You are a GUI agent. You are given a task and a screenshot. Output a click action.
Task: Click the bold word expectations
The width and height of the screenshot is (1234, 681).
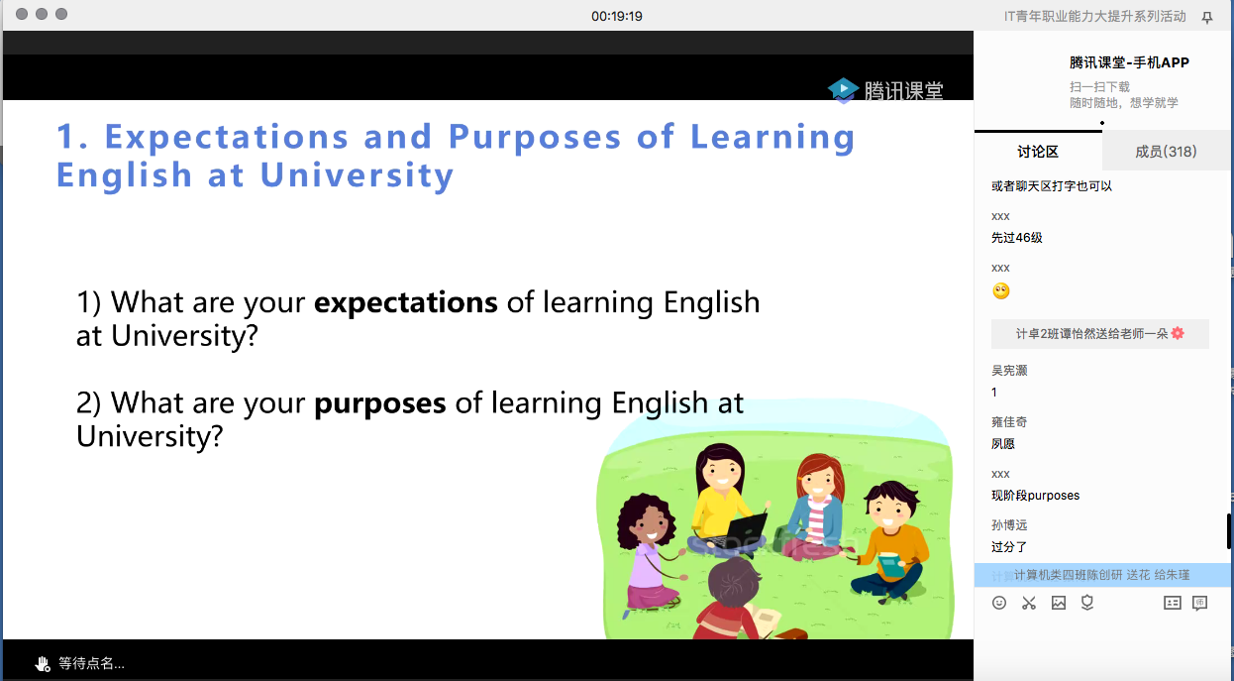[405, 302]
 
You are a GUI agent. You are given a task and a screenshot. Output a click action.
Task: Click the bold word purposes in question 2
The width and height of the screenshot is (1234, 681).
[379, 404]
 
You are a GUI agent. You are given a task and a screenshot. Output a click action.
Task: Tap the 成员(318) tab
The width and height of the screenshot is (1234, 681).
[1166, 152]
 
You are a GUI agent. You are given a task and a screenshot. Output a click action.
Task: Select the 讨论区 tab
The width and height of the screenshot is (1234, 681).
[1038, 152]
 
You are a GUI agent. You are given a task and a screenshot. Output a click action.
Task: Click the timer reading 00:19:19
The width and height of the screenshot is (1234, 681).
[616, 16]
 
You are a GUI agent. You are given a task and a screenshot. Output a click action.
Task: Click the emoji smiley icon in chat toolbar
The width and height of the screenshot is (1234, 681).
[998, 603]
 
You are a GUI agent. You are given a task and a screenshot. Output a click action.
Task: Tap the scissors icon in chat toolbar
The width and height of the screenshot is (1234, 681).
[1029, 603]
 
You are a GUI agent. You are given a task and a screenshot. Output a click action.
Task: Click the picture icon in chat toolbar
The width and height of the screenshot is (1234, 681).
[1059, 603]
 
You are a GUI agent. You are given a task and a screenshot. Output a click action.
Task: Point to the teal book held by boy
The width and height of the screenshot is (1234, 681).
[891, 566]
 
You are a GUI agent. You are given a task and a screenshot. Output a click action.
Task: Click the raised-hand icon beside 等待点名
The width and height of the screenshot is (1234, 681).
[43, 664]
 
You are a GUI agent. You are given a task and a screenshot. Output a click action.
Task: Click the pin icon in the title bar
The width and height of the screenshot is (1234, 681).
[1207, 18]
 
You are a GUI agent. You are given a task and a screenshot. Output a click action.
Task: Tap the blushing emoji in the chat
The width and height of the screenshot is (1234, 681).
[1001, 291]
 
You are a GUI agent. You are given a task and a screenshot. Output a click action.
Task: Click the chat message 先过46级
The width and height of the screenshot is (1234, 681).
[1017, 238]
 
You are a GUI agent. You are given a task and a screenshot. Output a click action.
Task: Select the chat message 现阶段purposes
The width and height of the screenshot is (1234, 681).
[1036, 496]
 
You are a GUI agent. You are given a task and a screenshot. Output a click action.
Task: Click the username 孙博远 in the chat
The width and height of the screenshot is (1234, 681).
[1009, 525]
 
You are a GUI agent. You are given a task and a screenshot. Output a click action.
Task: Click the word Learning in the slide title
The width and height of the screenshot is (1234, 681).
[772, 138]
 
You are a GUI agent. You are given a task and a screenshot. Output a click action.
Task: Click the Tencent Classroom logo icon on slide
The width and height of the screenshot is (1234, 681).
[843, 90]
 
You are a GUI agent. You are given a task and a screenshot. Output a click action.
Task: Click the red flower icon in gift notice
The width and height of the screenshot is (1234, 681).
[1178, 333]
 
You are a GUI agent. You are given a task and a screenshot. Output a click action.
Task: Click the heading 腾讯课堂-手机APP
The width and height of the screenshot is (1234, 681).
[1129, 62]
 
